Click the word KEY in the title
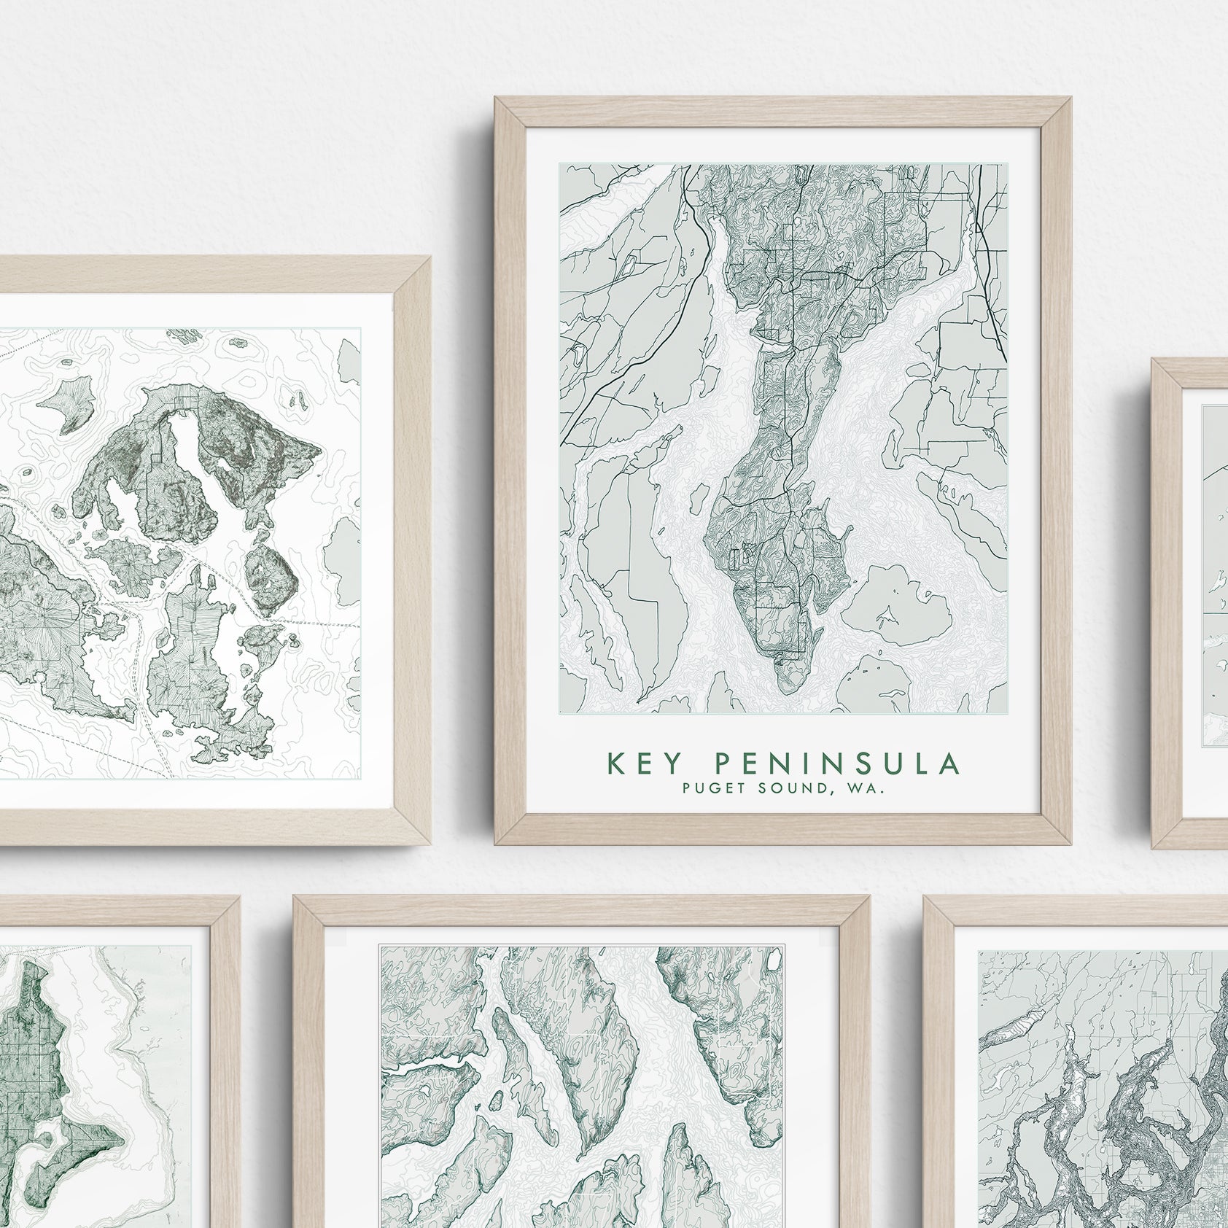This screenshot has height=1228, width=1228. tap(645, 763)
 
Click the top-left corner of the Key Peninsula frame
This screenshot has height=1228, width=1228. tap(495, 98)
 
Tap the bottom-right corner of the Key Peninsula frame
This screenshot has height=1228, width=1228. tap(1070, 844)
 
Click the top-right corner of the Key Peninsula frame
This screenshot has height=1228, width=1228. tap(1070, 98)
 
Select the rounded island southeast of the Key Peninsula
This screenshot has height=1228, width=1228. tap(897, 605)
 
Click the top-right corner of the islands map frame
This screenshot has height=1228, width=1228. tap(430, 257)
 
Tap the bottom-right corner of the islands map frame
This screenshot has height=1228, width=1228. tap(430, 844)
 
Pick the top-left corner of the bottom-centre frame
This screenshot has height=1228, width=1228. tap(294, 897)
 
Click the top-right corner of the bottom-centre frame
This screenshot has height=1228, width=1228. tap(869, 897)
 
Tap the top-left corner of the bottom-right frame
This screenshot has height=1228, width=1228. tap(924, 897)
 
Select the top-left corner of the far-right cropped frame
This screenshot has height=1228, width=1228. tap(1153, 359)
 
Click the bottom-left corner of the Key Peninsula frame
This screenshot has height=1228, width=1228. tap(495, 844)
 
